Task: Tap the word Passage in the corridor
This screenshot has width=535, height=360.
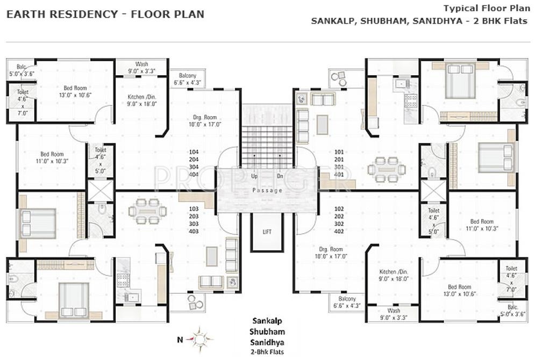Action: (x=267, y=191)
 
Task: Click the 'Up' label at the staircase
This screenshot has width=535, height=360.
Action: (x=254, y=176)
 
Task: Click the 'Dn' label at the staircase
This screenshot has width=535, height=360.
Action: (x=280, y=176)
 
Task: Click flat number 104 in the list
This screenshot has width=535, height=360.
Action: (x=194, y=152)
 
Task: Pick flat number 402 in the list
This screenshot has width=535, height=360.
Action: (x=339, y=231)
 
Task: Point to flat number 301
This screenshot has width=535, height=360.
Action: (x=339, y=167)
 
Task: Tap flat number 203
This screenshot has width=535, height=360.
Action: (x=194, y=216)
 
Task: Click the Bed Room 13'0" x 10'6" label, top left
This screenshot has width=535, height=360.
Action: (x=75, y=91)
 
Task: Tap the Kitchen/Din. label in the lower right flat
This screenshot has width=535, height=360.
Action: (x=392, y=275)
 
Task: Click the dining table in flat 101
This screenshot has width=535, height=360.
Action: (x=386, y=169)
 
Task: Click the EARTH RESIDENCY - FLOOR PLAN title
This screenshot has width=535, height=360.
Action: (x=105, y=15)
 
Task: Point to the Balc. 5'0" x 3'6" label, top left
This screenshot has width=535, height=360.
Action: (x=22, y=69)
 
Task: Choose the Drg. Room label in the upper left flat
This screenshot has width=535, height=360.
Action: (x=204, y=120)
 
